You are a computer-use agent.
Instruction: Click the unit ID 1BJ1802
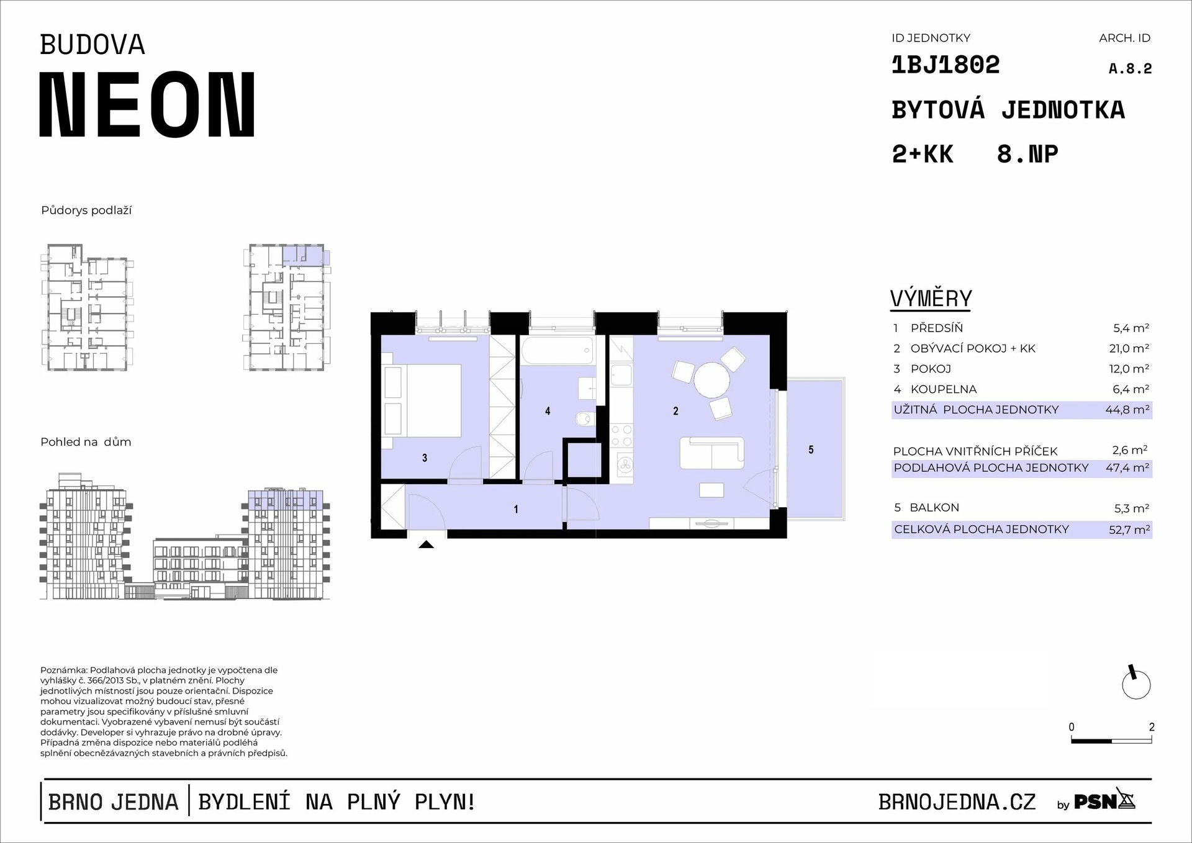tap(946, 65)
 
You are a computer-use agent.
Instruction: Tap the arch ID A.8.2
tap(1130, 69)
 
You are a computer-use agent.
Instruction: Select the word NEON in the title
tap(147, 104)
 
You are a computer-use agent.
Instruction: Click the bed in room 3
tap(422, 400)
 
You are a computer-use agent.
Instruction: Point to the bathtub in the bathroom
tap(557, 351)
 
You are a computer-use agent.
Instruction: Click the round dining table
tap(712, 380)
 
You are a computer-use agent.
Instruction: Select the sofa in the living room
tap(712, 453)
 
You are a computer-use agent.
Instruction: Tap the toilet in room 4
tap(584, 420)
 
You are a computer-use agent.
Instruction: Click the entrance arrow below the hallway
tap(426, 544)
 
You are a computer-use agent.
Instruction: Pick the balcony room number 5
tap(811, 449)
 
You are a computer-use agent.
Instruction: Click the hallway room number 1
tap(516, 509)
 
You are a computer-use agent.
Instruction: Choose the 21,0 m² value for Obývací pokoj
tap(1129, 348)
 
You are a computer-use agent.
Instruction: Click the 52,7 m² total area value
tap(1129, 530)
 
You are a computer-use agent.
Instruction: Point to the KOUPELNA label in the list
tap(944, 389)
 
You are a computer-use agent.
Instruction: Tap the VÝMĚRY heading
tap(931, 299)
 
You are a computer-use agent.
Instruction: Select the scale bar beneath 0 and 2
tap(1111, 741)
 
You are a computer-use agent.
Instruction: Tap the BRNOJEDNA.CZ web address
tap(957, 802)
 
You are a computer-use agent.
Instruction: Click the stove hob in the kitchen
tap(621, 435)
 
